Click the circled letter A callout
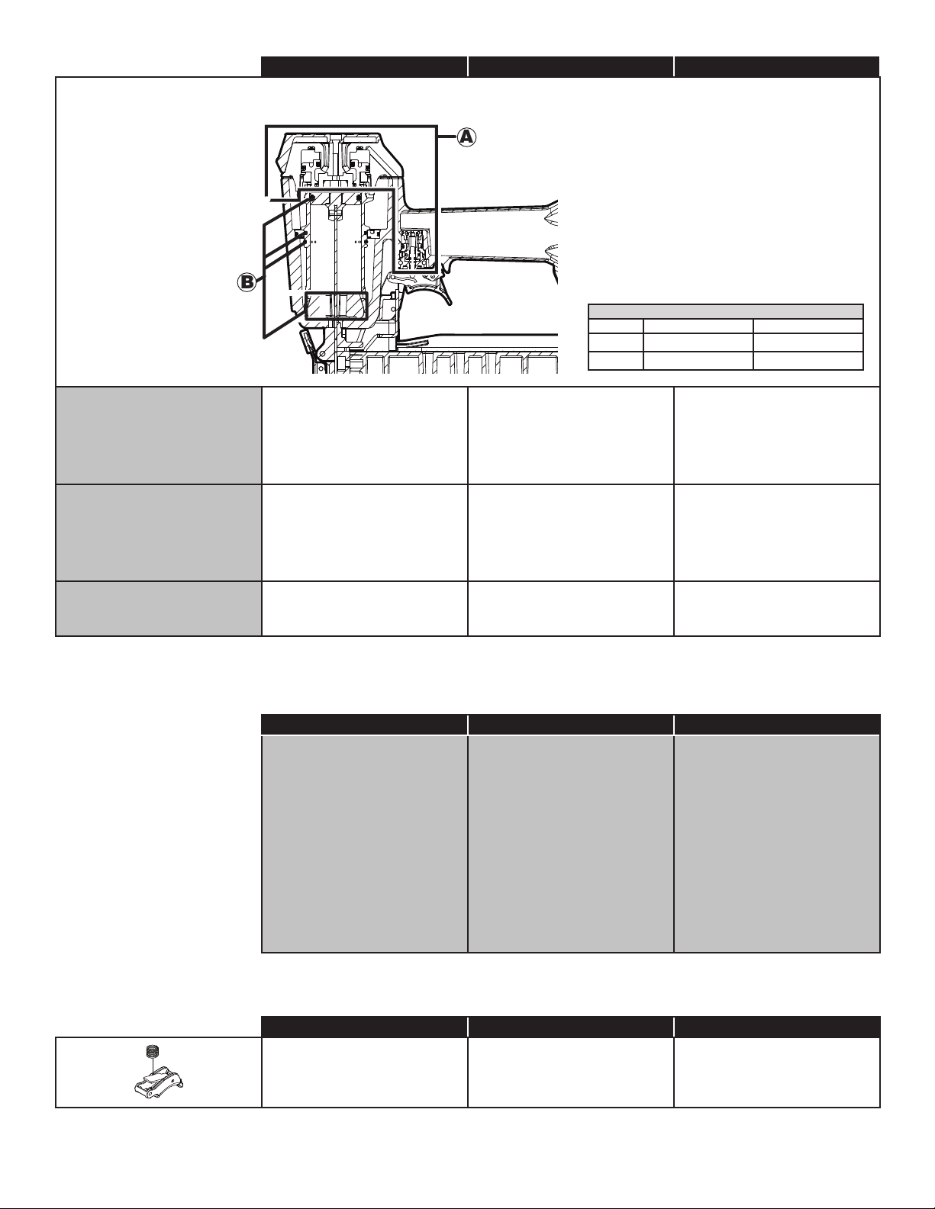(467, 137)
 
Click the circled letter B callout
(247, 283)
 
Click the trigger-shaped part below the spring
(160, 1080)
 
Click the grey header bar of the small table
(726, 311)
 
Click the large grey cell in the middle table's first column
(365, 844)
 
